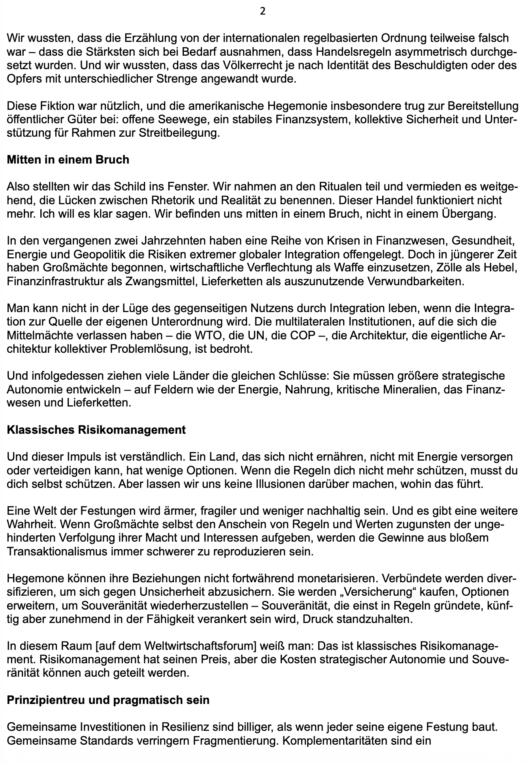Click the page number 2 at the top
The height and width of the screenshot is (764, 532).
[x=262, y=11]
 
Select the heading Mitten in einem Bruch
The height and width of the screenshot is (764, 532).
[x=68, y=160]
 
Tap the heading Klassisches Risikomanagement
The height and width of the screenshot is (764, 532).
[x=96, y=430]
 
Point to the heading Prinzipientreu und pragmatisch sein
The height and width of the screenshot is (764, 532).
[x=108, y=700]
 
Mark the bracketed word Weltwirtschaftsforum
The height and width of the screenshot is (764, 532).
[x=192, y=646]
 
